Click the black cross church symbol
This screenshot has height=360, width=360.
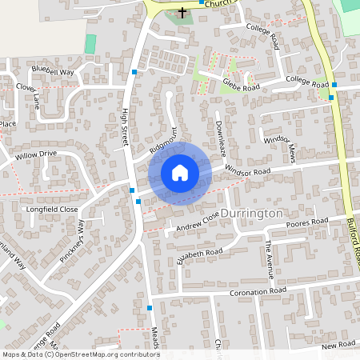point(182,13)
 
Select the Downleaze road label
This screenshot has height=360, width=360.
point(220,137)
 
